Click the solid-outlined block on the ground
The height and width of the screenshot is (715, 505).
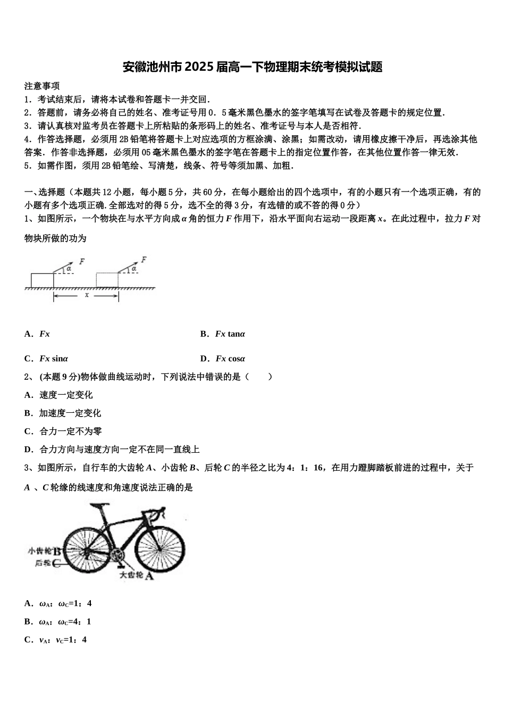pyautogui.click(x=42, y=280)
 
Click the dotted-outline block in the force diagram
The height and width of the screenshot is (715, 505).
pyautogui.click(x=107, y=280)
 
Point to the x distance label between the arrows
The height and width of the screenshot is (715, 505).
pyautogui.click(x=87, y=295)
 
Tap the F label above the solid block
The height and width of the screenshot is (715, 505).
pyautogui.click(x=81, y=261)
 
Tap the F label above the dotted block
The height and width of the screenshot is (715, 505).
pyautogui.click(x=144, y=260)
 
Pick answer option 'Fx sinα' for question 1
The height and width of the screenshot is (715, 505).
pyautogui.click(x=53, y=359)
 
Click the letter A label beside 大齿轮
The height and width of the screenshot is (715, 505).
pyautogui.click(x=149, y=576)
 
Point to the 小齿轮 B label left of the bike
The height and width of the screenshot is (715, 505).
pyautogui.click(x=46, y=552)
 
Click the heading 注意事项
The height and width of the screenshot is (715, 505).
pyautogui.click(x=41, y=86)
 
